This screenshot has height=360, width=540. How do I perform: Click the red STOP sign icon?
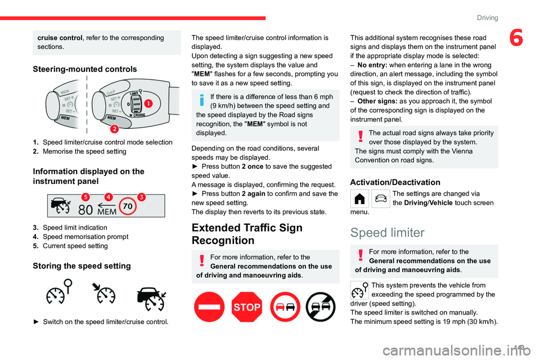pyautogui.click(x=247, y=307)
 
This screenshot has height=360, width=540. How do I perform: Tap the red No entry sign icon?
pyautogui.click(x=209, y=307)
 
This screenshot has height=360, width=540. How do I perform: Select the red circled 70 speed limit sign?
pyautogui.click(x=128, y=206)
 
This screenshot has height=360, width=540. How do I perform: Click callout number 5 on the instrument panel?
pyautogui.click(x=85, y=196)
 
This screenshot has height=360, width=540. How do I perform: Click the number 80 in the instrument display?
pyautogui.click(x=85, y=211)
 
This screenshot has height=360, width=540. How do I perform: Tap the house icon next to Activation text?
pyautogui.click(x=359, y=198)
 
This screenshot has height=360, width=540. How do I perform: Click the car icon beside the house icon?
pyautogui.click(x=380, y=198)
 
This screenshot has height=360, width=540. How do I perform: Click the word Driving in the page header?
pyautogui.click(x=487, y=18)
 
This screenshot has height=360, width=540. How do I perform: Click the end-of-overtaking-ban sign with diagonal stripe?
pyautogui.click(x=321, y=307)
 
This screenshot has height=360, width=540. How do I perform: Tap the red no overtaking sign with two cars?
pyautogui.click(x=284, y=307)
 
